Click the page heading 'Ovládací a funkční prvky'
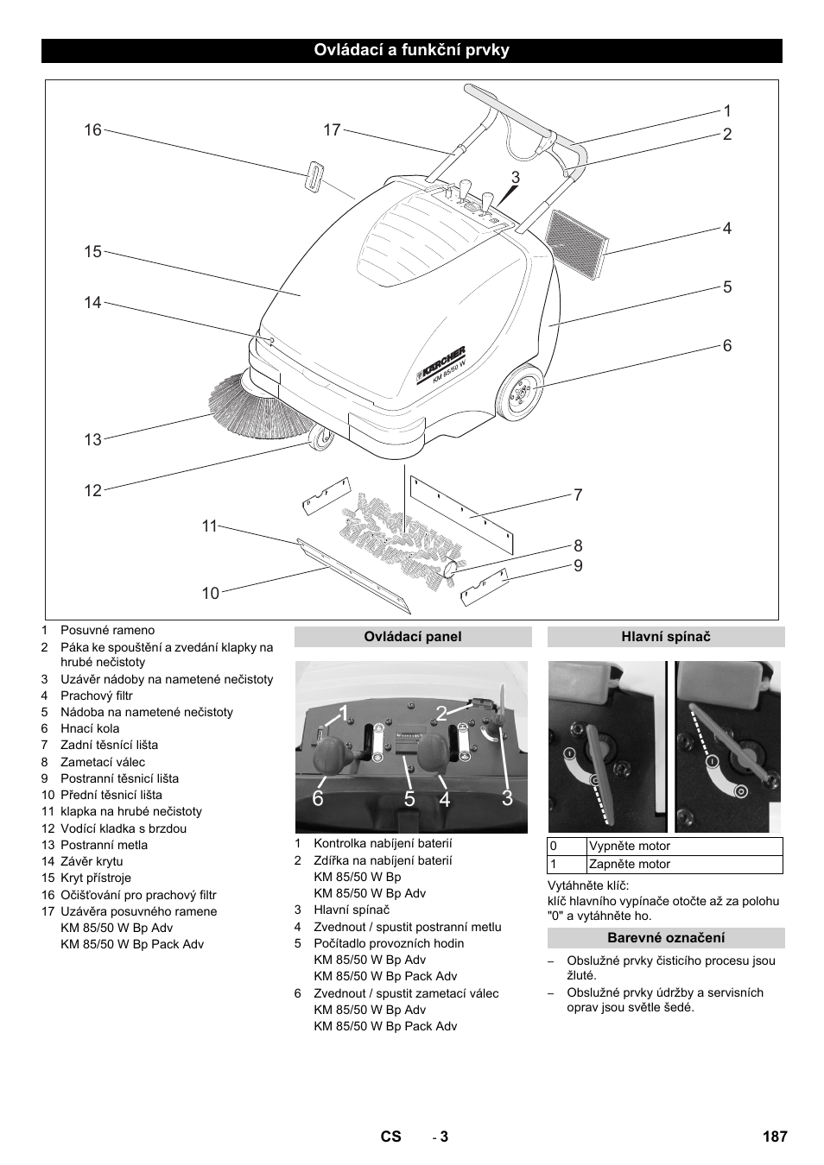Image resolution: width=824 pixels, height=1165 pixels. point(411,50)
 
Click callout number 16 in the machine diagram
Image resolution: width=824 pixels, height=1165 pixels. point(92,130)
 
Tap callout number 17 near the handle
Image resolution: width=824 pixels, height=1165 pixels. point(333,130)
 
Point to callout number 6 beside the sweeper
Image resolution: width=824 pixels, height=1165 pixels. point(727,345)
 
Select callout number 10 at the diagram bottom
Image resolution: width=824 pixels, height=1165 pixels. point(211,593)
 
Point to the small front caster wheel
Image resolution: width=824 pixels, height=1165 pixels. point(320,439)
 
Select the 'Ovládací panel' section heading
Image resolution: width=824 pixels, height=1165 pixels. point(413,637)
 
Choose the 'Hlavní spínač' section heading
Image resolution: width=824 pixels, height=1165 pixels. point(666,637)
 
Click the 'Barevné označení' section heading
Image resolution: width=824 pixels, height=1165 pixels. point(666,938)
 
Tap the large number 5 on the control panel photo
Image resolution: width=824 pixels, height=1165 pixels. point(409,799)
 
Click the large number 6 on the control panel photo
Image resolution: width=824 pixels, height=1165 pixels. point(319,799)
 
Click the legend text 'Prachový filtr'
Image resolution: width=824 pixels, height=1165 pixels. point(96,696)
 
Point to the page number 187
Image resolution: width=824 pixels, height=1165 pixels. point(775,1137)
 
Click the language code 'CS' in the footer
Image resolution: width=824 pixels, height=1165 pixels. point(391,1137)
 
